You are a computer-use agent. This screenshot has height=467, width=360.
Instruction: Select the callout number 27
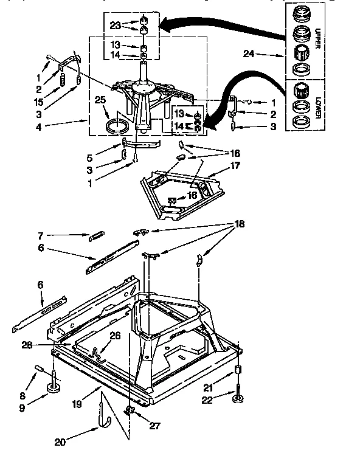pos(155,426)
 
